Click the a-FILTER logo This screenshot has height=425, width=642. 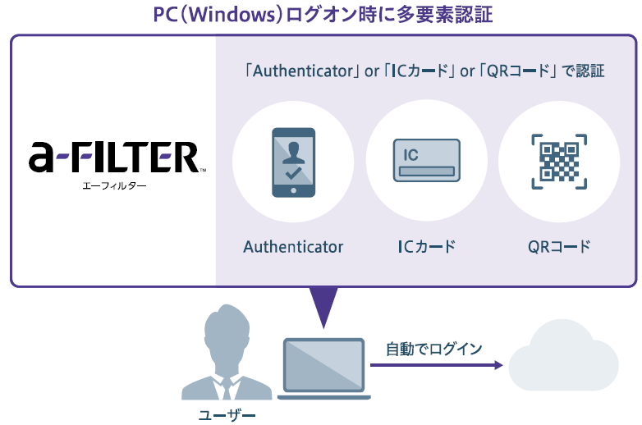pos(117,157)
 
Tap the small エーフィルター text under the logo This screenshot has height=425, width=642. pos(114,186)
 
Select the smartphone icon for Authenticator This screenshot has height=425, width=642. pos(294,162)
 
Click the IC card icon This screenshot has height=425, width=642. pos(427,160)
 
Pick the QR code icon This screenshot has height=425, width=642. pos(559,162)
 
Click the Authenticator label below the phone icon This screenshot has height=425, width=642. pos(293,247)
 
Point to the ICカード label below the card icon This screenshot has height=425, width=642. pos(427,247)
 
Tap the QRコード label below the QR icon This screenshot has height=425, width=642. pos(559,247)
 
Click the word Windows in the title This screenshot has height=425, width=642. pos(232,14)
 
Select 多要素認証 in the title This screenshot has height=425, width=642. pos(444,14)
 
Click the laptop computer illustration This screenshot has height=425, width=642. pos(323,368)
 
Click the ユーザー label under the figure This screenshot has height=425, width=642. pos(227,416)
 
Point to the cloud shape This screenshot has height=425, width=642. pos(563,355)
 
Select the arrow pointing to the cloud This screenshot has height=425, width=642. pos(437,365)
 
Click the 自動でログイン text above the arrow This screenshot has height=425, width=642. pos(434,349)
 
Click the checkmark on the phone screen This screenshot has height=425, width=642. pos(294,173)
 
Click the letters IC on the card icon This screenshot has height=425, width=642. pos(410,155)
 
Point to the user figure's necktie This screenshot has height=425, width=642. pos(227,389)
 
